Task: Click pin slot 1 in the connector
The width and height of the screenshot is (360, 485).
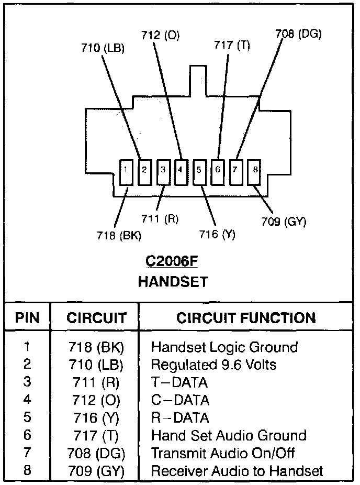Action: pyautogui.click(x=126, y=171)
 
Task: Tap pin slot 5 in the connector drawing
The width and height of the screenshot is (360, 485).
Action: pyautogui.click(x=199, y=171)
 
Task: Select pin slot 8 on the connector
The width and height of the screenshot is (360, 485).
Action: pyautogui.click(x=254, y=171)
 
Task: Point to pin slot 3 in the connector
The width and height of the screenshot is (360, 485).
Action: pyautogui.click(x=163, y=171)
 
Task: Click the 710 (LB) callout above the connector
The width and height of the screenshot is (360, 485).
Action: pyautogui.click(x=103, y=49)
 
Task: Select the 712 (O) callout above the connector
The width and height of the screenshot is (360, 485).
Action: pyautogui.click(x=160, y=35)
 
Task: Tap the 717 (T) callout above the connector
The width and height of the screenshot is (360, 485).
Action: pyautogui.click(x=232, y=46)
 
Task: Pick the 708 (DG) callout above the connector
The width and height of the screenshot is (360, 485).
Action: pyautogui.click(x=298, y=35)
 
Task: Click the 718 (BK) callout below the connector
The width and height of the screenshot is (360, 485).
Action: pyautogui.click(x=119, y=236)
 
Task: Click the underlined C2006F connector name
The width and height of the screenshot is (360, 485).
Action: pyautogui.click(x=173, y=261)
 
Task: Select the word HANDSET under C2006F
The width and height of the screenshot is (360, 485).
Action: pyautogui.click(x=173, y=281)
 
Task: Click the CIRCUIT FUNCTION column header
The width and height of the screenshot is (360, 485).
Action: pyautogui.click(x=246, y=318)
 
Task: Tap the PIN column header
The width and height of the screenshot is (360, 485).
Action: pyautogui.click(x=27, y=318)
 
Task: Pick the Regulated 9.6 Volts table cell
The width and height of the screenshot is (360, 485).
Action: pyautogui.click(x=213, y=364)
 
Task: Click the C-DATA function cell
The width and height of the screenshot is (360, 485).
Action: pyautogui.click(x=180, y=400)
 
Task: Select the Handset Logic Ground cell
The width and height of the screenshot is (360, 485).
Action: pyautogui.click(x=224, y=347)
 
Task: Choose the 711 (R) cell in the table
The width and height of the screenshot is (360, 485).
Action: pyautogui.click(x=94, y=382)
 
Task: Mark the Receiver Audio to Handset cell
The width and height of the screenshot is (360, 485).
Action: pyautogui.click(x=237, y=471)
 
